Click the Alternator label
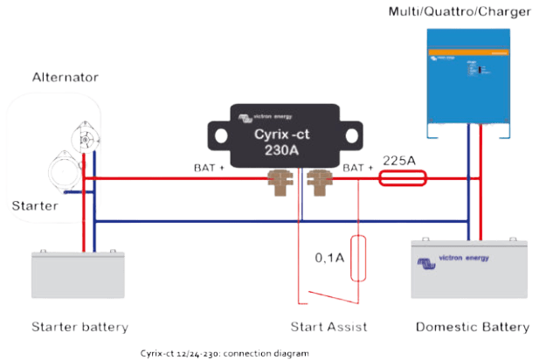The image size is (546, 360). tap(66, 78)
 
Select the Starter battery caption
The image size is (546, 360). tap(79, 328)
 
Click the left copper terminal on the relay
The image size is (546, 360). tap(280, 180)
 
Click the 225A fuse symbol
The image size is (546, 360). tap(402, 179)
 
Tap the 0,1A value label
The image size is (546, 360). tap(330, 259)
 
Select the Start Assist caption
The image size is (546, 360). tap(328, 328)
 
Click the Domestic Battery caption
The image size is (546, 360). tap(471, 328)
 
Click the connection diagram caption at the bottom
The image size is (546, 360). tap(223, 353)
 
